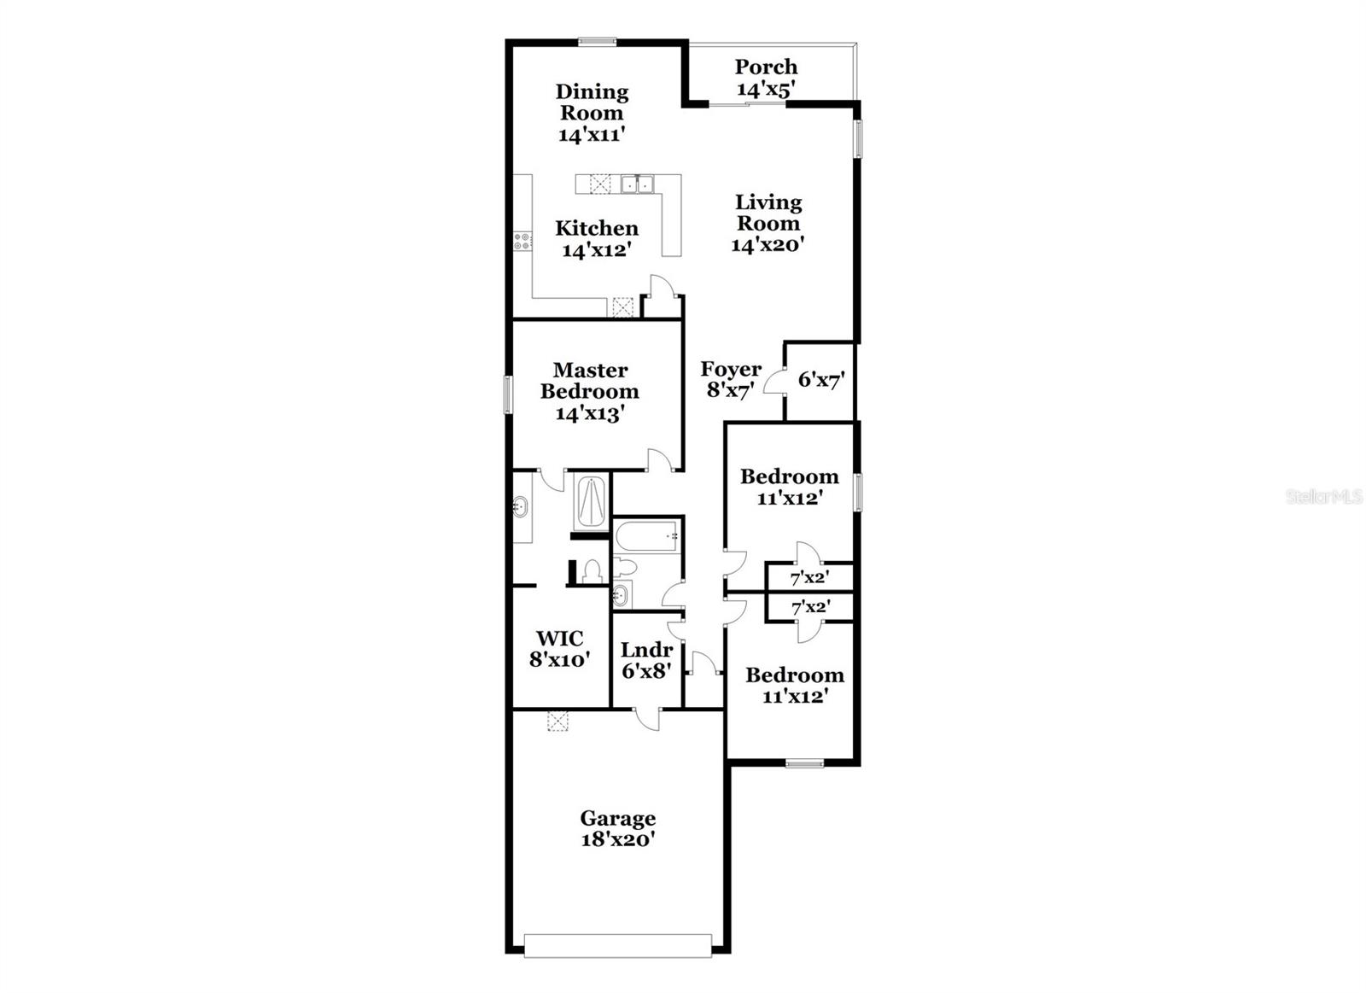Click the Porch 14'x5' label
pos(766,78)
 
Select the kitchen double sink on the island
pos(637,184)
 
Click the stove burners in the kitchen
pos(521,242)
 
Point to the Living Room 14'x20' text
pos(768,223)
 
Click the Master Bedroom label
pos(590,391)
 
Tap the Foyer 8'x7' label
pos(730,379)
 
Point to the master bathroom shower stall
pos(590,501)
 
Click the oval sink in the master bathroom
pos(519,508)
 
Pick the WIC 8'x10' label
pos(559,648)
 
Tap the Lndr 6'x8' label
pos(646,660)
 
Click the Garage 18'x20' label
pos(617,828)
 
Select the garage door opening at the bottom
pos(617,945)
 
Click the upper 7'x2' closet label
pos(809,578)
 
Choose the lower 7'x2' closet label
pos(810,608)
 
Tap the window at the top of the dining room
pos(597,40)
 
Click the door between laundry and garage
pos(648,717)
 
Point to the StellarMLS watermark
pos(1323,497)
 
